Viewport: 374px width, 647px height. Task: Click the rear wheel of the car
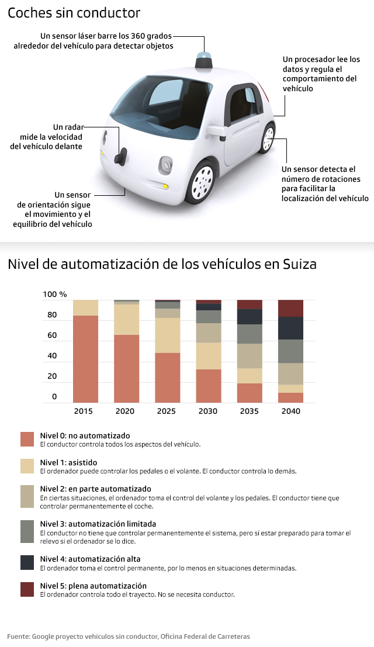click(x=268, y=139)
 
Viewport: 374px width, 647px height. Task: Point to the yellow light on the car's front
click(x=166, y=186)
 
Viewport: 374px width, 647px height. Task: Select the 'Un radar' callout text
click(x=68, y=127)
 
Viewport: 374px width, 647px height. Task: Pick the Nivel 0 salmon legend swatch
click(x=27, y=440)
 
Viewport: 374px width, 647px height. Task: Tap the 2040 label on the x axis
click(x=290, y=411)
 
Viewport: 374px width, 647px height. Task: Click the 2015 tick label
click(x=84, y=411)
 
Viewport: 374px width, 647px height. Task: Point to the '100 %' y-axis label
click(x=55, y=294)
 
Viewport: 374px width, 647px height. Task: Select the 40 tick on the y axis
click(x=52, y=356)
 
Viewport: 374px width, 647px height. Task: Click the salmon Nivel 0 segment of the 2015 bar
click(x=85, y=359)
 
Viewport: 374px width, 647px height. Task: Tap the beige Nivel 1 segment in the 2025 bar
click(x=168, y=335)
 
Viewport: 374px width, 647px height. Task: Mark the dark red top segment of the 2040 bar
click(x=290, y=308)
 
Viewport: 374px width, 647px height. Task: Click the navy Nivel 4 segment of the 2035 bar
click(x=250, y=316)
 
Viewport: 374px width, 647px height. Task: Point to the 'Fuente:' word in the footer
click(x=19, y=636)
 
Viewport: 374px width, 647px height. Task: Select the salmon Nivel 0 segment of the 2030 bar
click(x=209, y=386)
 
